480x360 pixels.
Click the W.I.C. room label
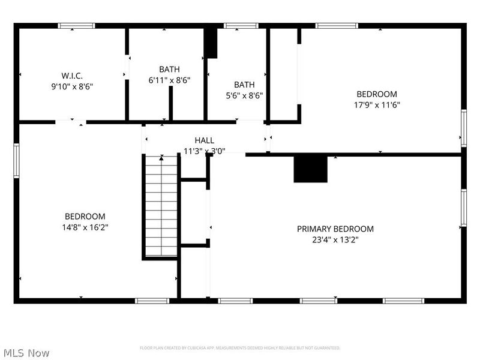pyautogui.click(x=72, y=76)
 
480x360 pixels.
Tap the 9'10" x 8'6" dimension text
pyautogui.click(x=72, y=86)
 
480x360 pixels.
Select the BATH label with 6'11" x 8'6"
pyautogui.click(x=169, y=70)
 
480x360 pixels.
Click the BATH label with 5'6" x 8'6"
pyautogui.click(x=244, y=85)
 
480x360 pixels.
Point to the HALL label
pyautogui.click(x=204, y=140)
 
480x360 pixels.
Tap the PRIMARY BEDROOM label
pyautogui.click(x=335, y=229)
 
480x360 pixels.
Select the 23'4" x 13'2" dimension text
pyautogui.click(x=335, y=239)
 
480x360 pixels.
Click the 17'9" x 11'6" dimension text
pyautogui.click(x=377, y=104)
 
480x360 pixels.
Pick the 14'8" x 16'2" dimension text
pyautogui.click(x=85, y=227)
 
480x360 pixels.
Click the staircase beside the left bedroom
pyautogui.click(x=161, y=206)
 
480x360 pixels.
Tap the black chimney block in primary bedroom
pyautogui.click(x=310, y=169)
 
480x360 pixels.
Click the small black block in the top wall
pyautogui.click(x=211, y=43)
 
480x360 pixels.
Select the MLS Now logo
pyautogui.click(x=26, y=353)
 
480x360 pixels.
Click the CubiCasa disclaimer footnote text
pyautogui.click(x=240, y=348)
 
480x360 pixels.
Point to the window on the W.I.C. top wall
pyautogui.click(x=76, y=26)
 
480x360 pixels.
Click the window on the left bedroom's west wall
pyautogui.click(x=17, y=160)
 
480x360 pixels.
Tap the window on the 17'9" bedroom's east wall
pyautogui.click(x=463, y=128)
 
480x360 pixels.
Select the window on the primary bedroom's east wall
pyautogui.click(x=463, y=208)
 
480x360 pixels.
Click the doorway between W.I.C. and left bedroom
pyautogui.click(x=70, y=122)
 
